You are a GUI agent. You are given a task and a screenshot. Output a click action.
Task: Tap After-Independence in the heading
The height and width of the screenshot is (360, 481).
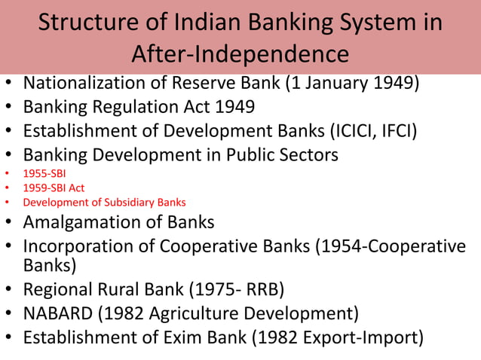[240, 54]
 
